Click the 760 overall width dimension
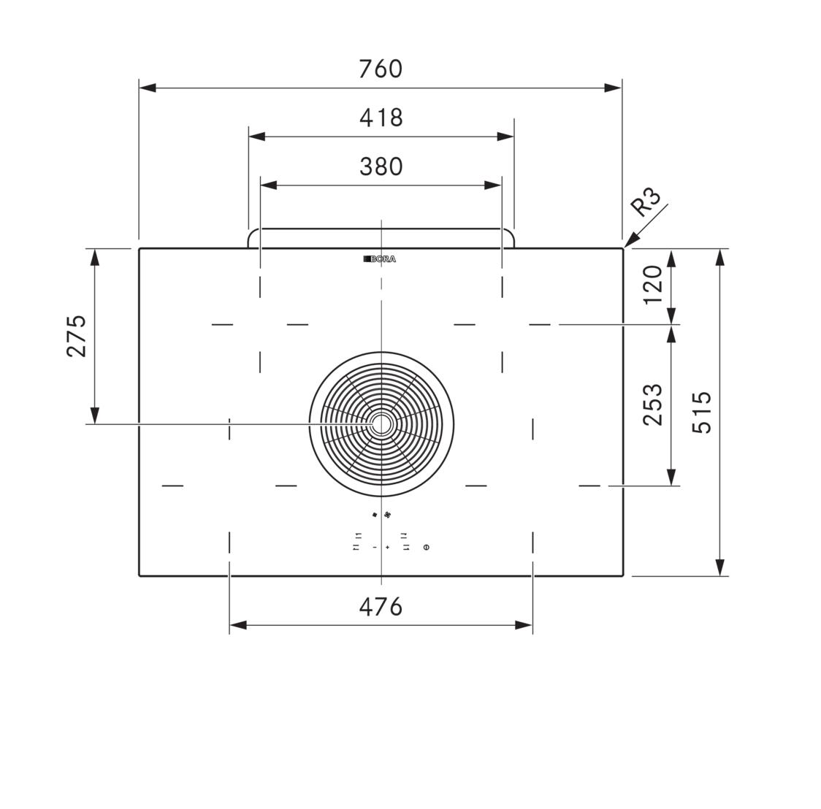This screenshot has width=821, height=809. click(x=381, y=69)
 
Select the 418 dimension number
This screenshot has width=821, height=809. click(x=381, y=118)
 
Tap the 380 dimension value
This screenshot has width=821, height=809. click(x=381, y=166)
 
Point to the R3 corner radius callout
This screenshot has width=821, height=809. click(x=646, y=202)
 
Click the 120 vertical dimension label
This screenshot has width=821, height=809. click(x=653, y=285)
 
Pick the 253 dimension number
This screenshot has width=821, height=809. click(x=653, y=404)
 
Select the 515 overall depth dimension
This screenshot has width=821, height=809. click(x=702, y=412)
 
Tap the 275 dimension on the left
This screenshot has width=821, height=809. click(x=77, y=336)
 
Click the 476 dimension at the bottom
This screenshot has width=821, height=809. click(x=381, y=607)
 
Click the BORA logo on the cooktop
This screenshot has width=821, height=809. click(x=380, y=259)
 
